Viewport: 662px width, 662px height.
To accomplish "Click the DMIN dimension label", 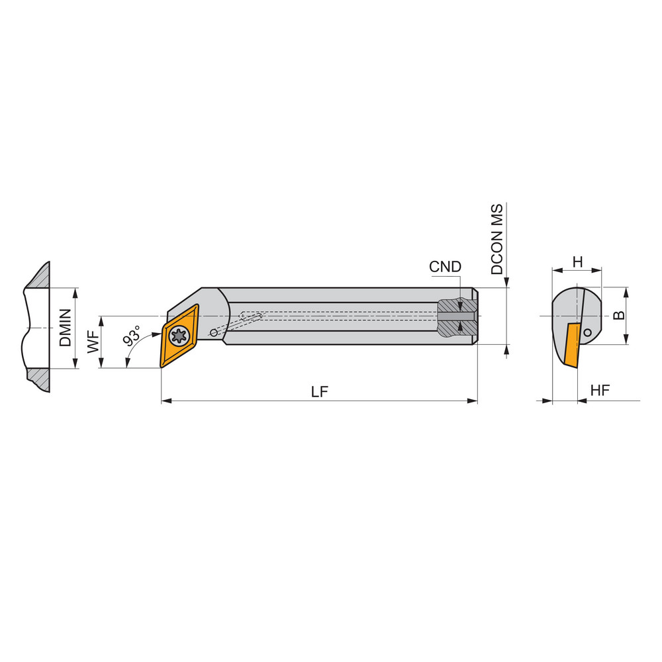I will pyautogui.click(x=64, y=328).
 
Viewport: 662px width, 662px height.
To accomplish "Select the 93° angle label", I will pyautogui.click(x=131, y=336).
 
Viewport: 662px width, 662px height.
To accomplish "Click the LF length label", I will pyautogui.click(x=320, y=391).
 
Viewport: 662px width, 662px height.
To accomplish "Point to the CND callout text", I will pyautogui.click(x=445, y=267).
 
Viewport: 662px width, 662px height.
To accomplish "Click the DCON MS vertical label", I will pyautogui.click(x=496, y=240).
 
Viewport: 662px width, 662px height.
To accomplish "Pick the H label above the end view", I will pyautogui.click(x=577, y=262).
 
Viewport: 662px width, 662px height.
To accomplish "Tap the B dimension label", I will pyautogui.click(x=619, y=315).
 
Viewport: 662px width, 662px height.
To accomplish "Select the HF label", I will pyautogui.click(x=599, y=391).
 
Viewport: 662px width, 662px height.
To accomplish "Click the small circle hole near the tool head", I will pyautogui.click(x=213, y=332).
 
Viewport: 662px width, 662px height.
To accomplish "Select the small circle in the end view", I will pyautogui.click(x=587, y=333).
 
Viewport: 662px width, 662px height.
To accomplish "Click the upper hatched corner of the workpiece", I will pyautogui.click(x=40, y=277).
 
